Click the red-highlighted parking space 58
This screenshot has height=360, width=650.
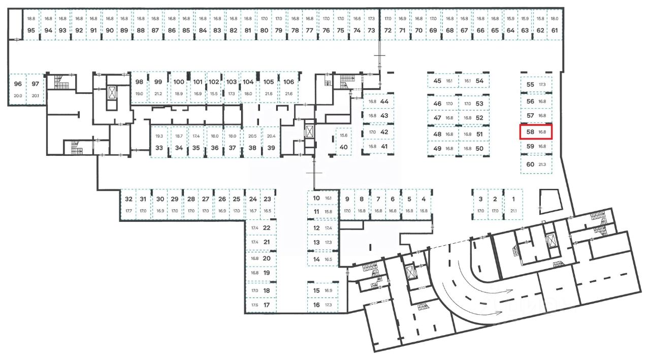click(x=535, y=132)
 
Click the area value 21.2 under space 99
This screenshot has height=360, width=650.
click(x=158, y=94)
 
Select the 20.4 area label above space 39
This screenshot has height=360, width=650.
click(x=271, y=136)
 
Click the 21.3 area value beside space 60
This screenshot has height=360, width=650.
click(x=542, y=165)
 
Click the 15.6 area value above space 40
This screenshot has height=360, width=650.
click(x=344, y=136)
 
